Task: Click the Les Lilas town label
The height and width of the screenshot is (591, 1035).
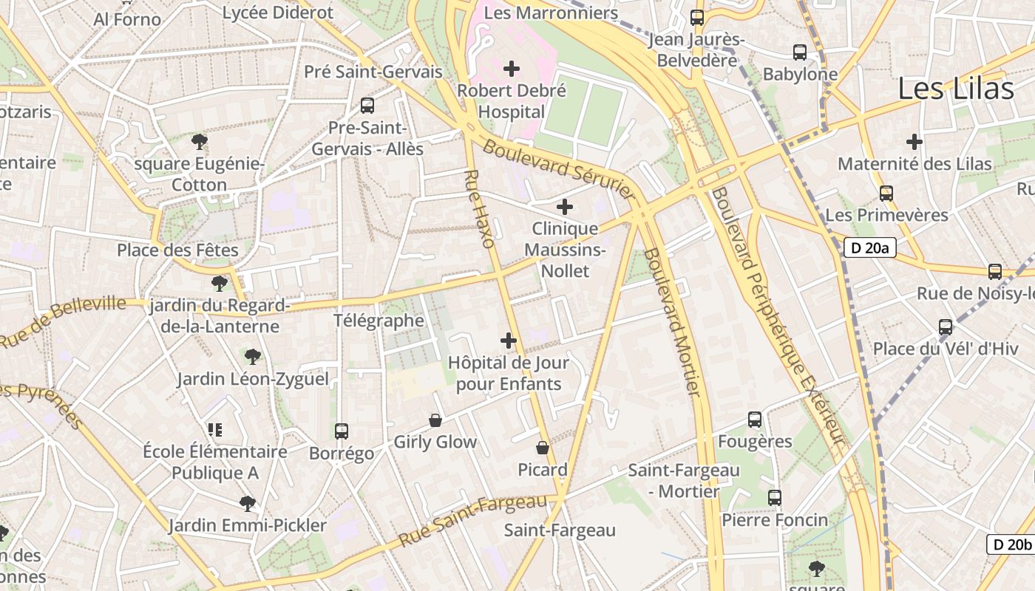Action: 955,89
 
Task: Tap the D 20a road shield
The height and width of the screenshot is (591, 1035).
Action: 869,248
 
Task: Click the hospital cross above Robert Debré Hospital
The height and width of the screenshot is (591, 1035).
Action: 511,69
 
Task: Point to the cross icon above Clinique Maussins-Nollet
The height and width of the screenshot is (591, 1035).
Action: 565,207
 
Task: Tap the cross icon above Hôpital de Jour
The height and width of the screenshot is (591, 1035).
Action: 509,341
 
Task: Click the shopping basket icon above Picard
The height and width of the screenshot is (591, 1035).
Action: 543,448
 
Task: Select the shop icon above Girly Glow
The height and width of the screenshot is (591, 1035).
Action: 435,420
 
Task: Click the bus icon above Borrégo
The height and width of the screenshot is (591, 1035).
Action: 341,431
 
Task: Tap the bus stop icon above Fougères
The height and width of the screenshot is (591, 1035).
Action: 755,420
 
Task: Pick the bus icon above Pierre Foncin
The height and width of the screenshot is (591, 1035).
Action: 775,498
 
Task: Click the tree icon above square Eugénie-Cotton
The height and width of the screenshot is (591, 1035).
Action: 199,141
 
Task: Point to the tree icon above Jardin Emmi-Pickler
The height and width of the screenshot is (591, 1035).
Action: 248,504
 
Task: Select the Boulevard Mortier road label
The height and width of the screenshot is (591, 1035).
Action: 671,322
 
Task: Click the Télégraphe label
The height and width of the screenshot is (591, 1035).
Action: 379,321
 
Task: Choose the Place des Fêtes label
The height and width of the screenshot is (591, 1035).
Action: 177,250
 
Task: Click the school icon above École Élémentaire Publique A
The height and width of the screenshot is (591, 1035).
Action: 215,429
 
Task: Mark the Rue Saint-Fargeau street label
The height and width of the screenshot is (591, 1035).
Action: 473,520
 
